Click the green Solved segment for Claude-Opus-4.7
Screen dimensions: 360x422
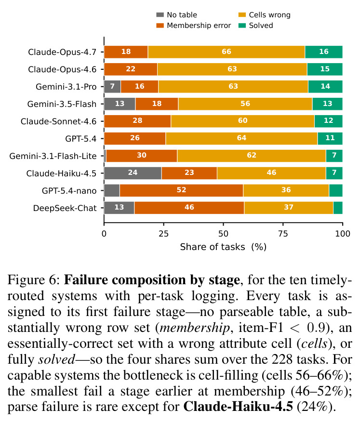point(324,52)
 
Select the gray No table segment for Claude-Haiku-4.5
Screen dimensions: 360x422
point(133,173)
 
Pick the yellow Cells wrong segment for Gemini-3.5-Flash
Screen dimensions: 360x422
point(245,104)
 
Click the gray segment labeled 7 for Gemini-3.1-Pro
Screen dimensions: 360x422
point(112,87)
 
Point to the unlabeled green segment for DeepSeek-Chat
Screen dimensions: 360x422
point(338,208)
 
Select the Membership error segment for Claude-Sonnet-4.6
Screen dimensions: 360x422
point(137,121)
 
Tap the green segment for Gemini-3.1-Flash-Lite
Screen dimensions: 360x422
point(334,156)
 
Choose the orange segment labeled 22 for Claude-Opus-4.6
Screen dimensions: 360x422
point(131,69)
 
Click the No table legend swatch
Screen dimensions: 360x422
point(160,15)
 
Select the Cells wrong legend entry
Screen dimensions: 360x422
point(265,15)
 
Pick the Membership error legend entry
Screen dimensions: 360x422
point(194,26)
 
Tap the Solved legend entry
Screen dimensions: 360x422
point(256,26)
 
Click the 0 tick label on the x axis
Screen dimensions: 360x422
point(104,234)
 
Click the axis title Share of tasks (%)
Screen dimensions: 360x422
point(223,247)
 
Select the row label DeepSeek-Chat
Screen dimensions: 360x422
point(65,208)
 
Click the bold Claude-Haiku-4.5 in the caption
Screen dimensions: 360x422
point(238,407)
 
